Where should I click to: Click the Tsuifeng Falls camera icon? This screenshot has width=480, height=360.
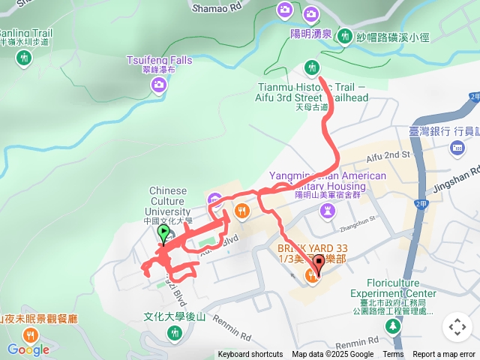click(x=159, y=85)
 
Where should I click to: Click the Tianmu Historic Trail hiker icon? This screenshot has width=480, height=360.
click(x=311, y=70)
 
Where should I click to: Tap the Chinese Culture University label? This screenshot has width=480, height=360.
click(x=168, y=201)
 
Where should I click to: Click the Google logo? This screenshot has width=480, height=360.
click(x=28, y=349)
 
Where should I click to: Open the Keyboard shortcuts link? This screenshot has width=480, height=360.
click(x=250, y=355)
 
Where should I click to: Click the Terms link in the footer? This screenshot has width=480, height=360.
click(x=393, y=355)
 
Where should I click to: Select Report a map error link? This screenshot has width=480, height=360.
click(x=444, y=355)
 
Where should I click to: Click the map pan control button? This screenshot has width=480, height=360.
click(x=457, y=327)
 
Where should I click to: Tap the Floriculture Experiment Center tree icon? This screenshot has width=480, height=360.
click(x=392, y=327)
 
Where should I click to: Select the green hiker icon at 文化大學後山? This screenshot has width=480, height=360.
click(x=175, y=332)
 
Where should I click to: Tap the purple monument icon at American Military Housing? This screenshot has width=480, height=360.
click(x=328, y=211)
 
